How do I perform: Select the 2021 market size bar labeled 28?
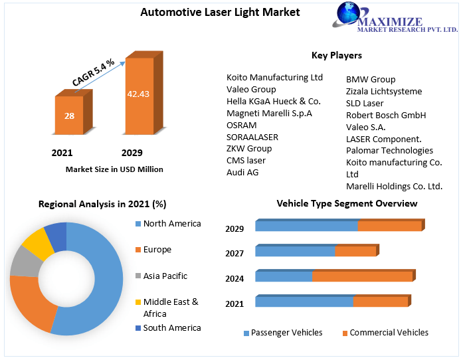tap(69, 116)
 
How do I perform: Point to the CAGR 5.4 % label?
tap(94, 72)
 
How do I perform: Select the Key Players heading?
tap(337, 55)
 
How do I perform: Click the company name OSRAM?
tap(242, 125)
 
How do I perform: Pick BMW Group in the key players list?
tap(371, 79)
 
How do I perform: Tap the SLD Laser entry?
tap(365, 103)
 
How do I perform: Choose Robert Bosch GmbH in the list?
tap(386, 115)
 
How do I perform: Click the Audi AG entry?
tap(242, 172)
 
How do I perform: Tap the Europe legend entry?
tap(157, 250)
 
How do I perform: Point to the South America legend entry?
tap(171, 327)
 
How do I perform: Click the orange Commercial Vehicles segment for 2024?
tap(362, 276)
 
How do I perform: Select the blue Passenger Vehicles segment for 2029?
tap(306, 226)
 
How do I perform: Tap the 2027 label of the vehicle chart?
tap(234, 254)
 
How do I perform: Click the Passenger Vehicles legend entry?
tap(286, 332)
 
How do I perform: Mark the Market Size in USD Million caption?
tap(114, 169)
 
